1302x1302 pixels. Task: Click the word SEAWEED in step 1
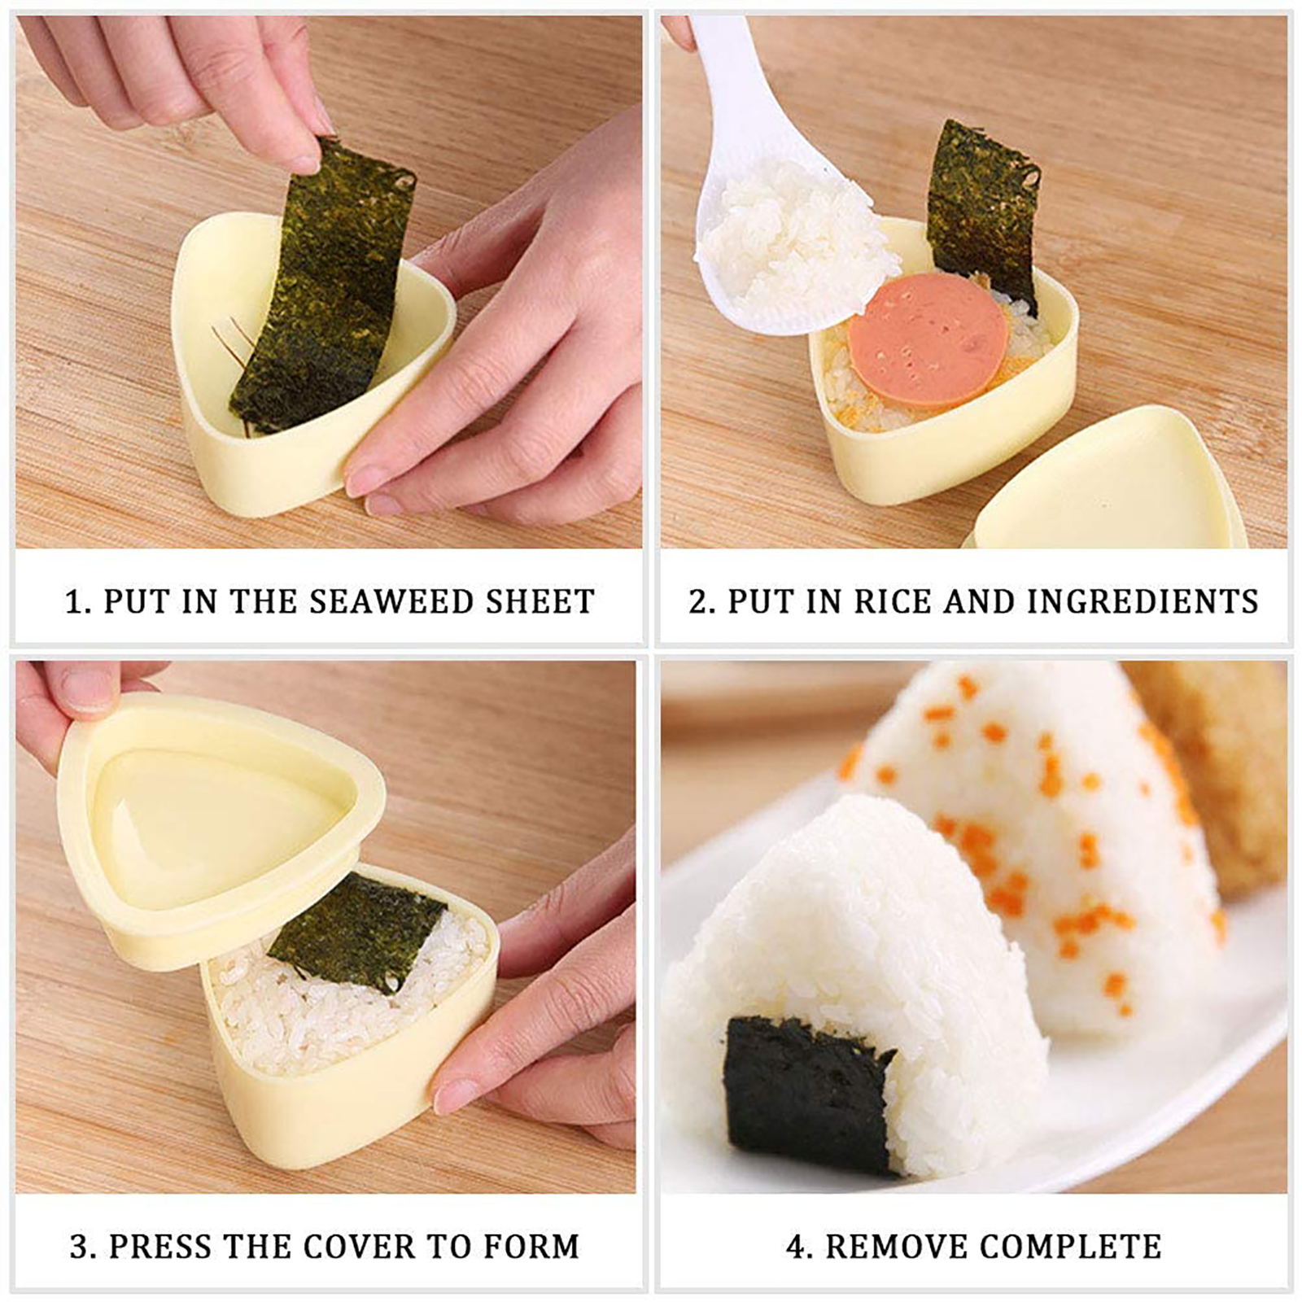pyautogui.click(x=392, y=601)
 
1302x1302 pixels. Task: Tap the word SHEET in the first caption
pyautogui.click(x=540, y=601)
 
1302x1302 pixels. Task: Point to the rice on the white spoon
pyautogui.click(x=793, y=236)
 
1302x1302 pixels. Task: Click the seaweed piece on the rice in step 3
pyautogui.click(x=356, y=931)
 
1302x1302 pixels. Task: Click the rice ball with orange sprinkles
pyautogui.click(x=1042, y=846)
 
